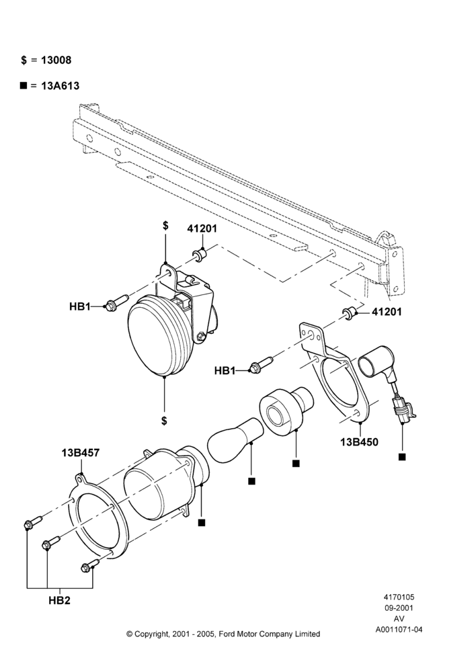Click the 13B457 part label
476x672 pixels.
tap(81, 452)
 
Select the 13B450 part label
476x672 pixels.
tap(360, 442)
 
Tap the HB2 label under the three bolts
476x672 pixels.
tap(59, 600)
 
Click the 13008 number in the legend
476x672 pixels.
tap(56, 60)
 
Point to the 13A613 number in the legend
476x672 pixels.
tap(60, 86)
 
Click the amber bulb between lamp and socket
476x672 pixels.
tap(235, 440)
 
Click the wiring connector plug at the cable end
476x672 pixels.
tap(403, 410)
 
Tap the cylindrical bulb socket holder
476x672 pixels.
tap(286, 409)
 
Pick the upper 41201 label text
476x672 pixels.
tap(202, 229)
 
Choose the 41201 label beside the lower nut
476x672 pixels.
tap(387, 312)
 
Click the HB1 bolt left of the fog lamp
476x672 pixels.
tap(116, 302)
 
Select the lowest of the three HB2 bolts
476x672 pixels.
tap(90, 566)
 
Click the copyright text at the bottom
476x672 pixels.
tap(223, 634)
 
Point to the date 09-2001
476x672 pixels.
tap(399, 607)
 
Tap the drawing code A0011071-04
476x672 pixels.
tap(399, 630)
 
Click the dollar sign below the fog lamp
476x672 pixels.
tap(164, 421)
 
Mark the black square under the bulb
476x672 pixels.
tap(251, 481)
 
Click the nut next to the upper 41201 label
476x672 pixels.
tap(200, 255)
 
